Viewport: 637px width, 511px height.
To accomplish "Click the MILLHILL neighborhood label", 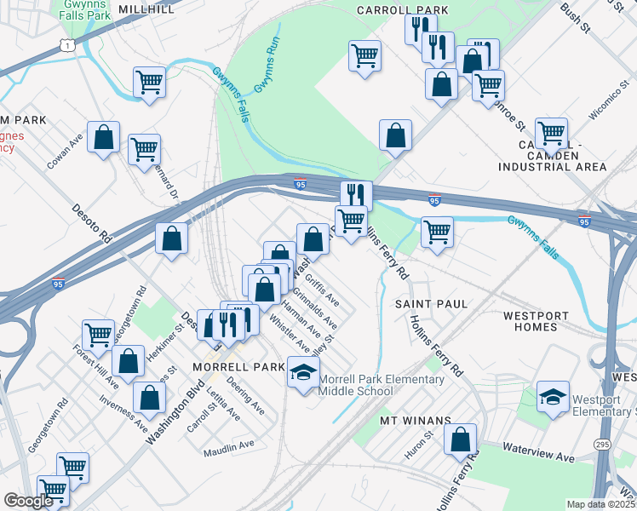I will point(146,9).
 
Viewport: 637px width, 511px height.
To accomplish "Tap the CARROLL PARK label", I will point(391,10).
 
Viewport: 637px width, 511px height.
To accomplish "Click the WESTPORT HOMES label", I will point(536,321).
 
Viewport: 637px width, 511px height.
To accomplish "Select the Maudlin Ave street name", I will point(229,445).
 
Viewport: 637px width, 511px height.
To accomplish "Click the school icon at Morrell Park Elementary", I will point(303,373).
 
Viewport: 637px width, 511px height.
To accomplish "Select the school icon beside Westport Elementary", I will point(553,397).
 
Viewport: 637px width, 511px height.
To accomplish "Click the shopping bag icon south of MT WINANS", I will point(460,439).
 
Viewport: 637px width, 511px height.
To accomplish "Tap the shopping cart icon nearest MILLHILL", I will point(149,83).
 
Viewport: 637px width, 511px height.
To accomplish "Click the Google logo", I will point(28,501).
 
